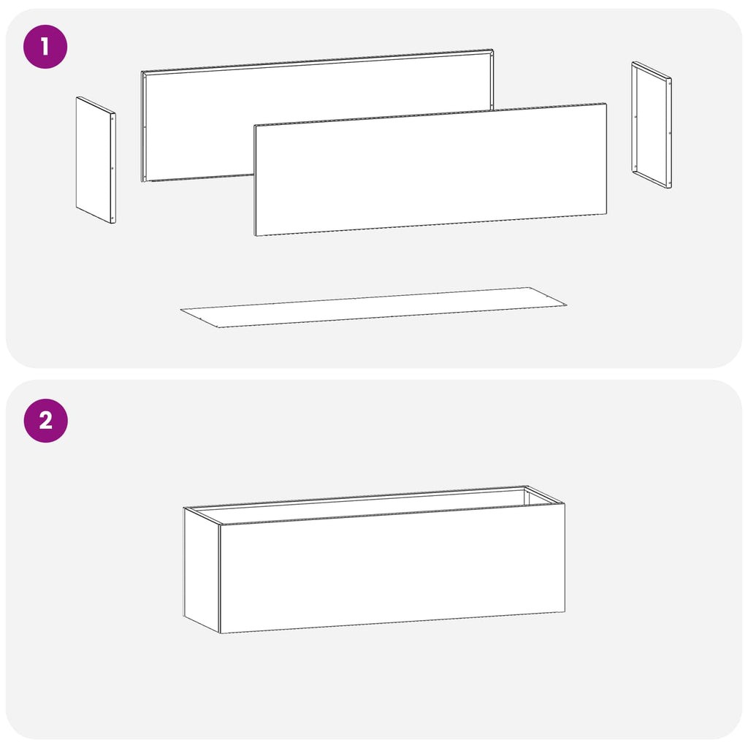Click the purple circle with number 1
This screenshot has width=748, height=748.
tap(45, 47)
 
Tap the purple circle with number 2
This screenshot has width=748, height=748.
tap(46, 421)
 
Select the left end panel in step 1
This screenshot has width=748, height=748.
tap(96, 160)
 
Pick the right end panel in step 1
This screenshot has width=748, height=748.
tap(652, 125)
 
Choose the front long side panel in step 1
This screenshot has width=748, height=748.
tap(430, 169)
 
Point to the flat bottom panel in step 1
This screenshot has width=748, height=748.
tap(373, 308)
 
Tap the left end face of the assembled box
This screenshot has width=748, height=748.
tap(202, 570)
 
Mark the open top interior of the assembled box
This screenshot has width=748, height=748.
tap(372, 505)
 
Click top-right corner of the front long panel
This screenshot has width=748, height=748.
tap(606, 104)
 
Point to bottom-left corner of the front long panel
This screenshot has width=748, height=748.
tap(255, 235)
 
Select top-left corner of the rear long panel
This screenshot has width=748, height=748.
tap(142, 72)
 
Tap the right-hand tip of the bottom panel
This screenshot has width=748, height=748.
tap(567, 305)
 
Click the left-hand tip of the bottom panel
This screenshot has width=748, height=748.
tap(180, 310)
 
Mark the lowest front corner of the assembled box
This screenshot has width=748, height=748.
tap(220, 633)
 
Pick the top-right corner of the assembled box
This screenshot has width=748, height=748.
tap(565, 503)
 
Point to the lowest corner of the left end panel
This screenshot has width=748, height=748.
tap(113, 224)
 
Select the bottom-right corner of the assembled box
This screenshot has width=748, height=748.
tap(565, 611)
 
